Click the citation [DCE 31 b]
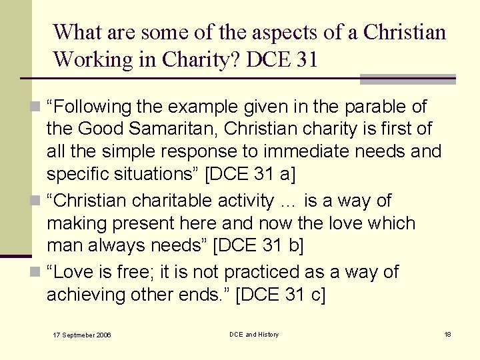coord(258,245)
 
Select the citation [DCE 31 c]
coord(281,294)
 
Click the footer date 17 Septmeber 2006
coord(82,335)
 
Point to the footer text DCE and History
coord(254,334)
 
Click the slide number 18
coord(447,334)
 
